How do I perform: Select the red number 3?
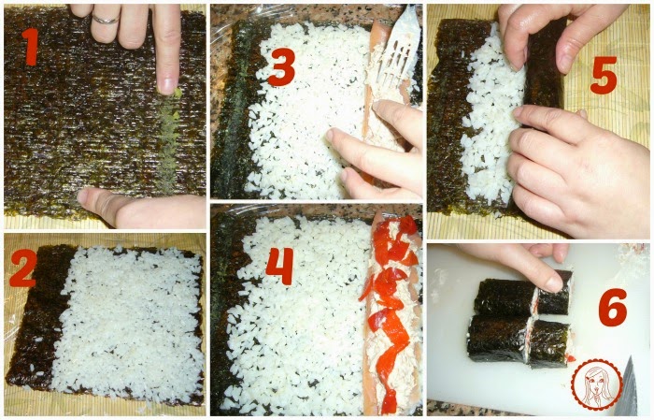coord(281,66)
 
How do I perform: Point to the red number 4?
coord(279,266)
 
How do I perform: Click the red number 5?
coord(604,75)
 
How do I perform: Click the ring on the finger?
coord(106,20)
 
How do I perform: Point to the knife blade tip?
coord(630,357)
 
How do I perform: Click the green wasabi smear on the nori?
coord(170,134)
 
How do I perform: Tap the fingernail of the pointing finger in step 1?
coord(167,85)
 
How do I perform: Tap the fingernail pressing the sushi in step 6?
coord(554,283)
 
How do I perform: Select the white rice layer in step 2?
coord(129,324)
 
